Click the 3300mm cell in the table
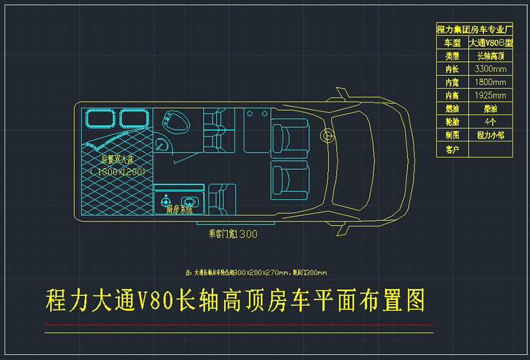click(490, 69)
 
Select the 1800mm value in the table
click(490, 82)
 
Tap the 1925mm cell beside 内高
click(490, 95)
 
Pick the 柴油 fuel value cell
click(490, 109)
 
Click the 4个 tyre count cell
click(490, 122)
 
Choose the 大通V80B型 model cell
click(490, 42)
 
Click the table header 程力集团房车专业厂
click(475, 29)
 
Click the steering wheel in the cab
click(326, 136)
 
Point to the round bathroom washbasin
click(161, 143)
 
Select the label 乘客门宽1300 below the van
click(233, 234)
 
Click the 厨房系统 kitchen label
click(179, 209)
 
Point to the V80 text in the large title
click(155, 301)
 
